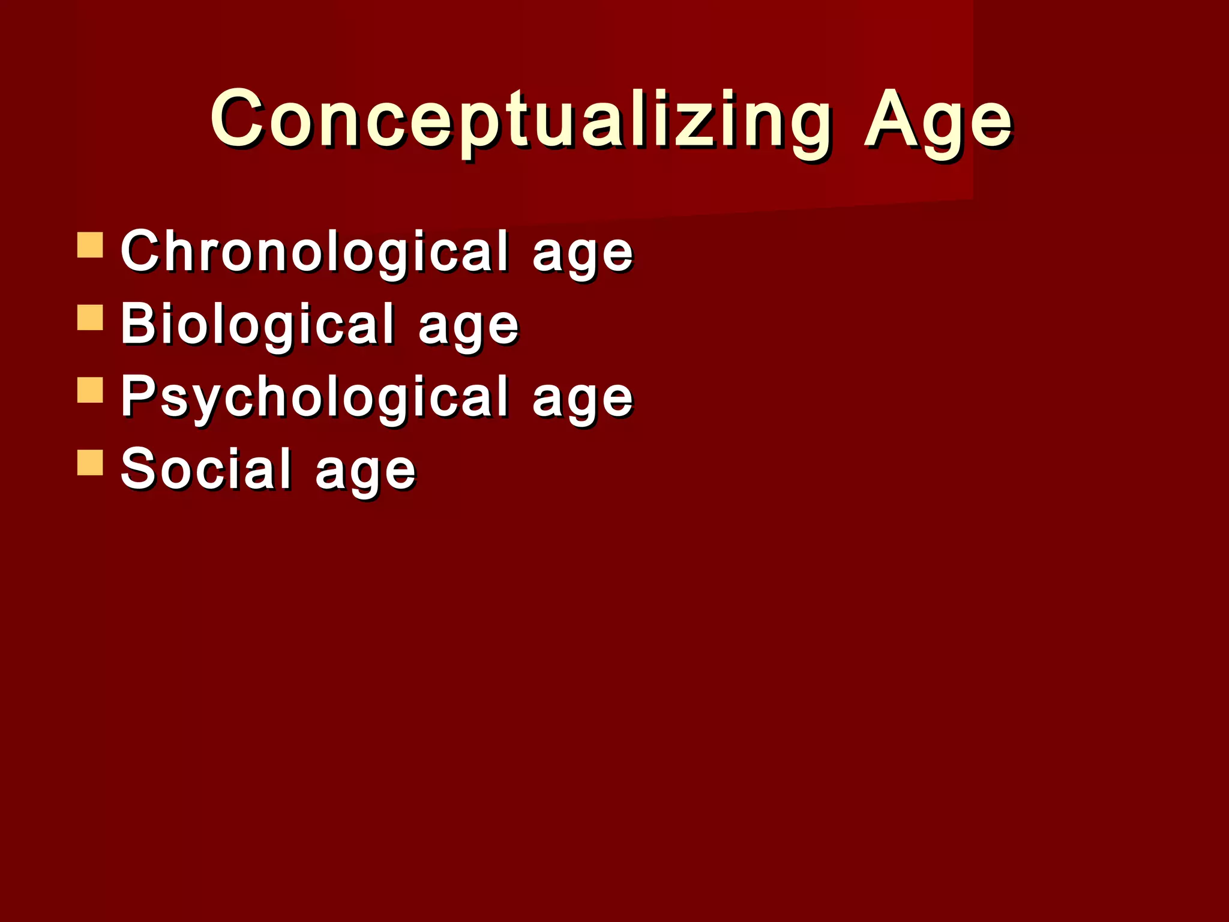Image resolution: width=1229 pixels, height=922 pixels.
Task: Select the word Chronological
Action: click(315, 252)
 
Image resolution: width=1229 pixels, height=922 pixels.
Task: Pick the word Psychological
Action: click(315, 397)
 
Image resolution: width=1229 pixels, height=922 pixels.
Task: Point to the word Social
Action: click(206, 469)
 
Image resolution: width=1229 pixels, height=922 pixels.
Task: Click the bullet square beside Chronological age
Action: click(90, 245)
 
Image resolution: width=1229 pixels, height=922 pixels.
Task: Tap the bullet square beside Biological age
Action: click(90, 318)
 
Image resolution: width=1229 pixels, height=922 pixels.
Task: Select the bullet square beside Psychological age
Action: click(90, 390)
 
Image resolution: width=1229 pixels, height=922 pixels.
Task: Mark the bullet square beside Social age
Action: click(90, 462)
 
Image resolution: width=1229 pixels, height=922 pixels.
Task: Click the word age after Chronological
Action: click(582, 256)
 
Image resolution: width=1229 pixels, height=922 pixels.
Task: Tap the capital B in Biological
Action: click(137, 323)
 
